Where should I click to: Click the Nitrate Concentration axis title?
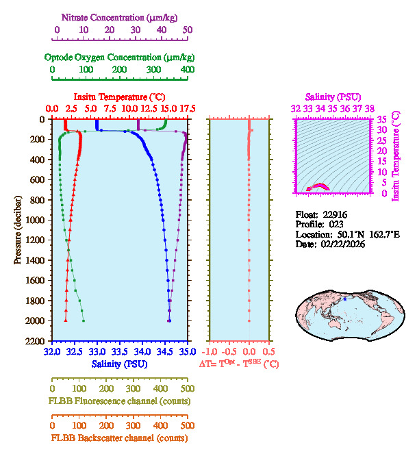(x=122, y=16)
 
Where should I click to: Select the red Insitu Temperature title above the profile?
(x=119, y=97)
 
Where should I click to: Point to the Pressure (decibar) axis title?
(x=18, y=229)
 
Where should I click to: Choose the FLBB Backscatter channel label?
(x=119, y=438)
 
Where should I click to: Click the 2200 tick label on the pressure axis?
(x=36, y=341)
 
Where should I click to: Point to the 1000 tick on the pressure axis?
(x=36, y=220)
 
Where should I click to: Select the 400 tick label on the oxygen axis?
(x=187, y=70)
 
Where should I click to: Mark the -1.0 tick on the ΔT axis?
(x=213, y=352)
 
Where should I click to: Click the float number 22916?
(x=337, y=214)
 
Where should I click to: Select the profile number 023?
(x=335, y=224)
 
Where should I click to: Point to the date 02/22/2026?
(x=340, y=244)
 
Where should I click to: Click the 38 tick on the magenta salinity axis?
(x=370, y=108)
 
